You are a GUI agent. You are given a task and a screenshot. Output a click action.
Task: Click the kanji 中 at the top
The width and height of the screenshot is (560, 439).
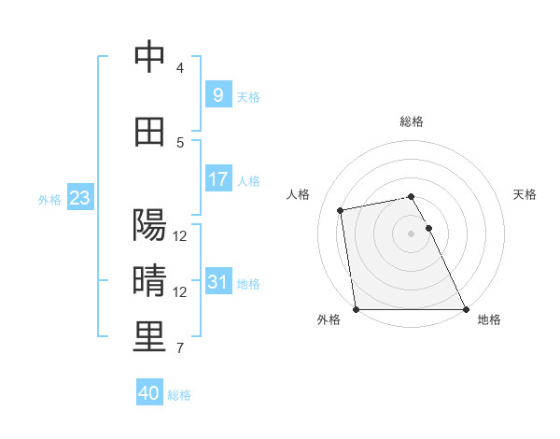coord(150,58)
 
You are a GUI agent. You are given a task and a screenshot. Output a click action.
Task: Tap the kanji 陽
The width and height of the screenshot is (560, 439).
coord(150,225)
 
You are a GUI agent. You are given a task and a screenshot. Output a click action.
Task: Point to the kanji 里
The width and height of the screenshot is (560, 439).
coord(150,337)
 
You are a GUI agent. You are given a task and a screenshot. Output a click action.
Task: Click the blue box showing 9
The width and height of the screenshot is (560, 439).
coord(217,95)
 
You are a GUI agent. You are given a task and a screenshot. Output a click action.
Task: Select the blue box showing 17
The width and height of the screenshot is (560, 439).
coord(217,179)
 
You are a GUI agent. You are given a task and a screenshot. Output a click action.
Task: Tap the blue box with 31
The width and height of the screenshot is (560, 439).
coord(217,282)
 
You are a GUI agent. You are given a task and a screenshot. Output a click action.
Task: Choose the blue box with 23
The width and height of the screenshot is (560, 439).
coord(79,198)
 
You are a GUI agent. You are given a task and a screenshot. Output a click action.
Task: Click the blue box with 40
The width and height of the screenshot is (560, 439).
coord(149,393)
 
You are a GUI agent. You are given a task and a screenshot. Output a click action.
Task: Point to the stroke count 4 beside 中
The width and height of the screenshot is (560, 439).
coord(180,68)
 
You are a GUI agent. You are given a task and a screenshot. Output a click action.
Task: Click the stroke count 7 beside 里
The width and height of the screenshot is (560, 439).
coord(180,348)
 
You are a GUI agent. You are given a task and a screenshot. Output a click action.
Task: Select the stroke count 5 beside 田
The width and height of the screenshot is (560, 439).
coord(180,143)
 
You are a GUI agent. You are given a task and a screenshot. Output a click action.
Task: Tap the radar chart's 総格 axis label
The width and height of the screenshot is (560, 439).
coord(412,121)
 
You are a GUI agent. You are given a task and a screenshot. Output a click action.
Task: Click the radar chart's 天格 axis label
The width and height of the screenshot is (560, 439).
coord(525,194)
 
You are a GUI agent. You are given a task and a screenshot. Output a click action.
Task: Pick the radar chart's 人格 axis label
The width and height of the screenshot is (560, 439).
coord(299,194)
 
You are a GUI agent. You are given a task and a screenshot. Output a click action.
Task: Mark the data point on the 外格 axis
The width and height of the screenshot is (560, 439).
coord(356,309)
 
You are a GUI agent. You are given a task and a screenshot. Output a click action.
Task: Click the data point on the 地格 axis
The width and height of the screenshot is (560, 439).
coord(466,309)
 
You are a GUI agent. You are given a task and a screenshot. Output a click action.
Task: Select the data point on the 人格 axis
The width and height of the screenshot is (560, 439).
coord(342,210)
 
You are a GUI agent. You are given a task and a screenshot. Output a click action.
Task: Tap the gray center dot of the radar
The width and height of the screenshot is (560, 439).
coord(411,234)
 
